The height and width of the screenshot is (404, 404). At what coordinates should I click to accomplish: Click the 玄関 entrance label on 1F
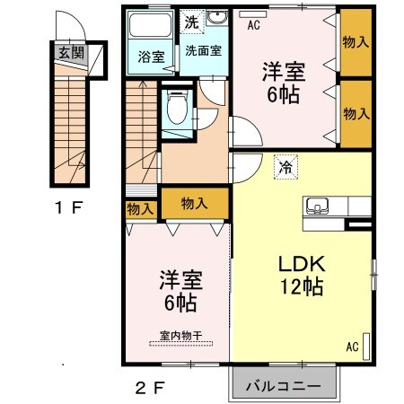click(71, 53)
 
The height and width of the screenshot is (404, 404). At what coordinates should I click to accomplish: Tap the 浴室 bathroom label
click(151, 57)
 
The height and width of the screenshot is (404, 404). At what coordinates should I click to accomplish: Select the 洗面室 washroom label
click(203, 50)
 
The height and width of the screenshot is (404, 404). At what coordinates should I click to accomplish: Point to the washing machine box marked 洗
click(192, 21)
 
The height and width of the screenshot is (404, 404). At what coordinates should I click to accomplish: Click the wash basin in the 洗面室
click(218, 20)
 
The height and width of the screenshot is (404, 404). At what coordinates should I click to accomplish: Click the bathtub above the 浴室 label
click(151, 25)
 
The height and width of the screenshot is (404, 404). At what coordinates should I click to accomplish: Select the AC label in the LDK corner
click(352, 347)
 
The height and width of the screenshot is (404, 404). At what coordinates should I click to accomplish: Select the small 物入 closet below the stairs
click(139, 209)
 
